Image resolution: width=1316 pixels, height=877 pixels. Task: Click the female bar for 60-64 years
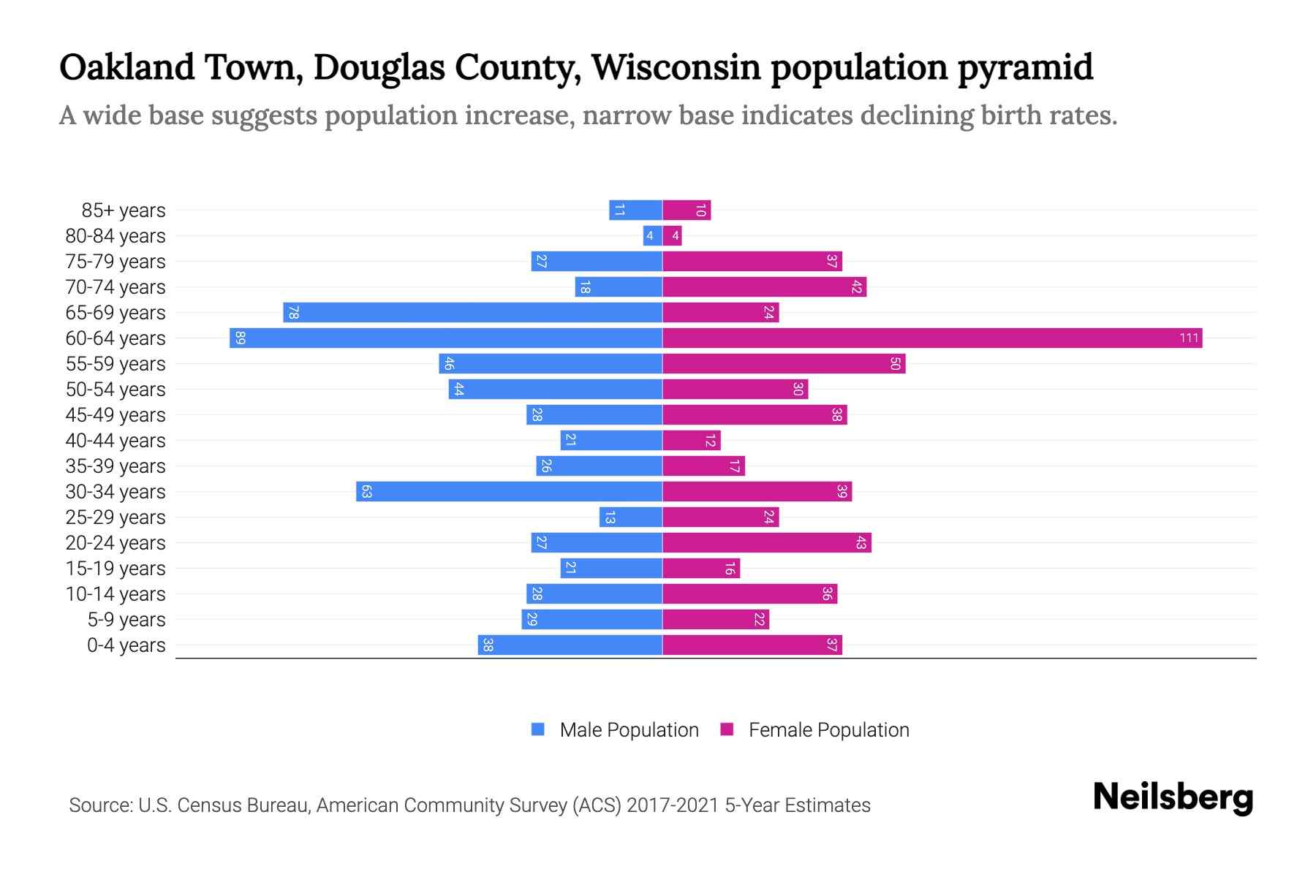click(x=932, y=338)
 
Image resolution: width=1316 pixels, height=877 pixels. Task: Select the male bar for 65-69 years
click(x=472, y=313)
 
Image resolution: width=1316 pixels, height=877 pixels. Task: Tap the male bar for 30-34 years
click(x=509, y=492)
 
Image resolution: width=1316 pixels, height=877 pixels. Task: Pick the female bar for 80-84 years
click(x=672, y=236)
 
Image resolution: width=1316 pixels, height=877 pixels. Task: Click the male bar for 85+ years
click(x=635, y=210)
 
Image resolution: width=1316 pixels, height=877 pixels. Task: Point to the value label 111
click(x=1189, y=338)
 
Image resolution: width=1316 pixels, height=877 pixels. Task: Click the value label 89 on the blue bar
click(x=240, y=338)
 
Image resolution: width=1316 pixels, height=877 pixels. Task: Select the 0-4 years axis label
click(x=126, y=645)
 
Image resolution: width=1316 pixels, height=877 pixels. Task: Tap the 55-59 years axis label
click(x=116, y=364)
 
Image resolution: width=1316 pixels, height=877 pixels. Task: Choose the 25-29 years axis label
click(x=116, y=517)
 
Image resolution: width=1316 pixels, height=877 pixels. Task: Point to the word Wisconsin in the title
click(x=676, y=67)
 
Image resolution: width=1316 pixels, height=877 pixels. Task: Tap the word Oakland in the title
click(x=127, y=67)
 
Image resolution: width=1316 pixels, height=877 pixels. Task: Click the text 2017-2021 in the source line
click(x=672, y=805)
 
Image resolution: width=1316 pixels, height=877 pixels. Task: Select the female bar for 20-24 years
click(x=766, y=543)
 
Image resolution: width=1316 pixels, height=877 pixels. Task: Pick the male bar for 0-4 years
click(x=570, y=645)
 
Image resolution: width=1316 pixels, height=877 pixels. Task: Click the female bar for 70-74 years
click(x=764, y=287)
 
